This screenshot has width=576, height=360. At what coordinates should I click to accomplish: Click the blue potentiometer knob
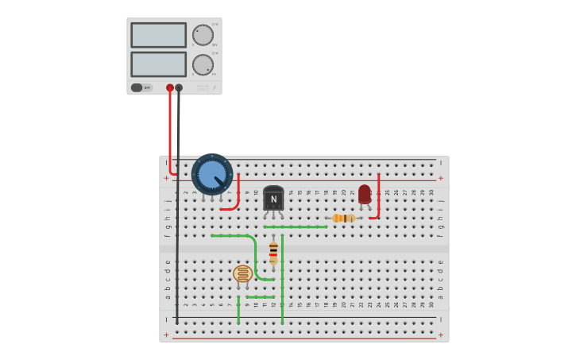coord(211,174)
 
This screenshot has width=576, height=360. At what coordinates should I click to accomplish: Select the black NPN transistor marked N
coord(273,199)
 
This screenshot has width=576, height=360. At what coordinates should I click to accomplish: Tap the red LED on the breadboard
coord(364,193)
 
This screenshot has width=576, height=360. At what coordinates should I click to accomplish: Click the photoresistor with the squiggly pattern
coord(242,274)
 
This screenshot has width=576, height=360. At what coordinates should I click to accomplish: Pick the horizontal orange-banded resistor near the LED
coord(343,218)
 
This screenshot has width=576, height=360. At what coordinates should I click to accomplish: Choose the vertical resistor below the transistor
coord(273,252)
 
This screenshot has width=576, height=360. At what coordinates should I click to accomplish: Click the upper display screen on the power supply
coord(158,35)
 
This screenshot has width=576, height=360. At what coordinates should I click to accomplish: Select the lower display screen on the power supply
coord(158,64)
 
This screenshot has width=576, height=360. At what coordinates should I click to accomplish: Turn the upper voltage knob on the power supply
coord(203,35)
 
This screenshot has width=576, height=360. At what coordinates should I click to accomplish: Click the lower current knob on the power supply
coord(203,64)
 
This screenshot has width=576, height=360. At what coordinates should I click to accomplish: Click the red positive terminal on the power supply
coord(170,87)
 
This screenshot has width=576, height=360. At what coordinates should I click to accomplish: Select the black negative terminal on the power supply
coord(179,87)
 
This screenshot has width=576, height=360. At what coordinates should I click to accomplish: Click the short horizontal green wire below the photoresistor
coord(260,297)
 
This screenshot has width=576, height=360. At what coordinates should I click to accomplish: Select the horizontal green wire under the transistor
coord(295,226)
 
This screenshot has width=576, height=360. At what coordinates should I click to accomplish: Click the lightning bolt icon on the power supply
coord(214,87)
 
